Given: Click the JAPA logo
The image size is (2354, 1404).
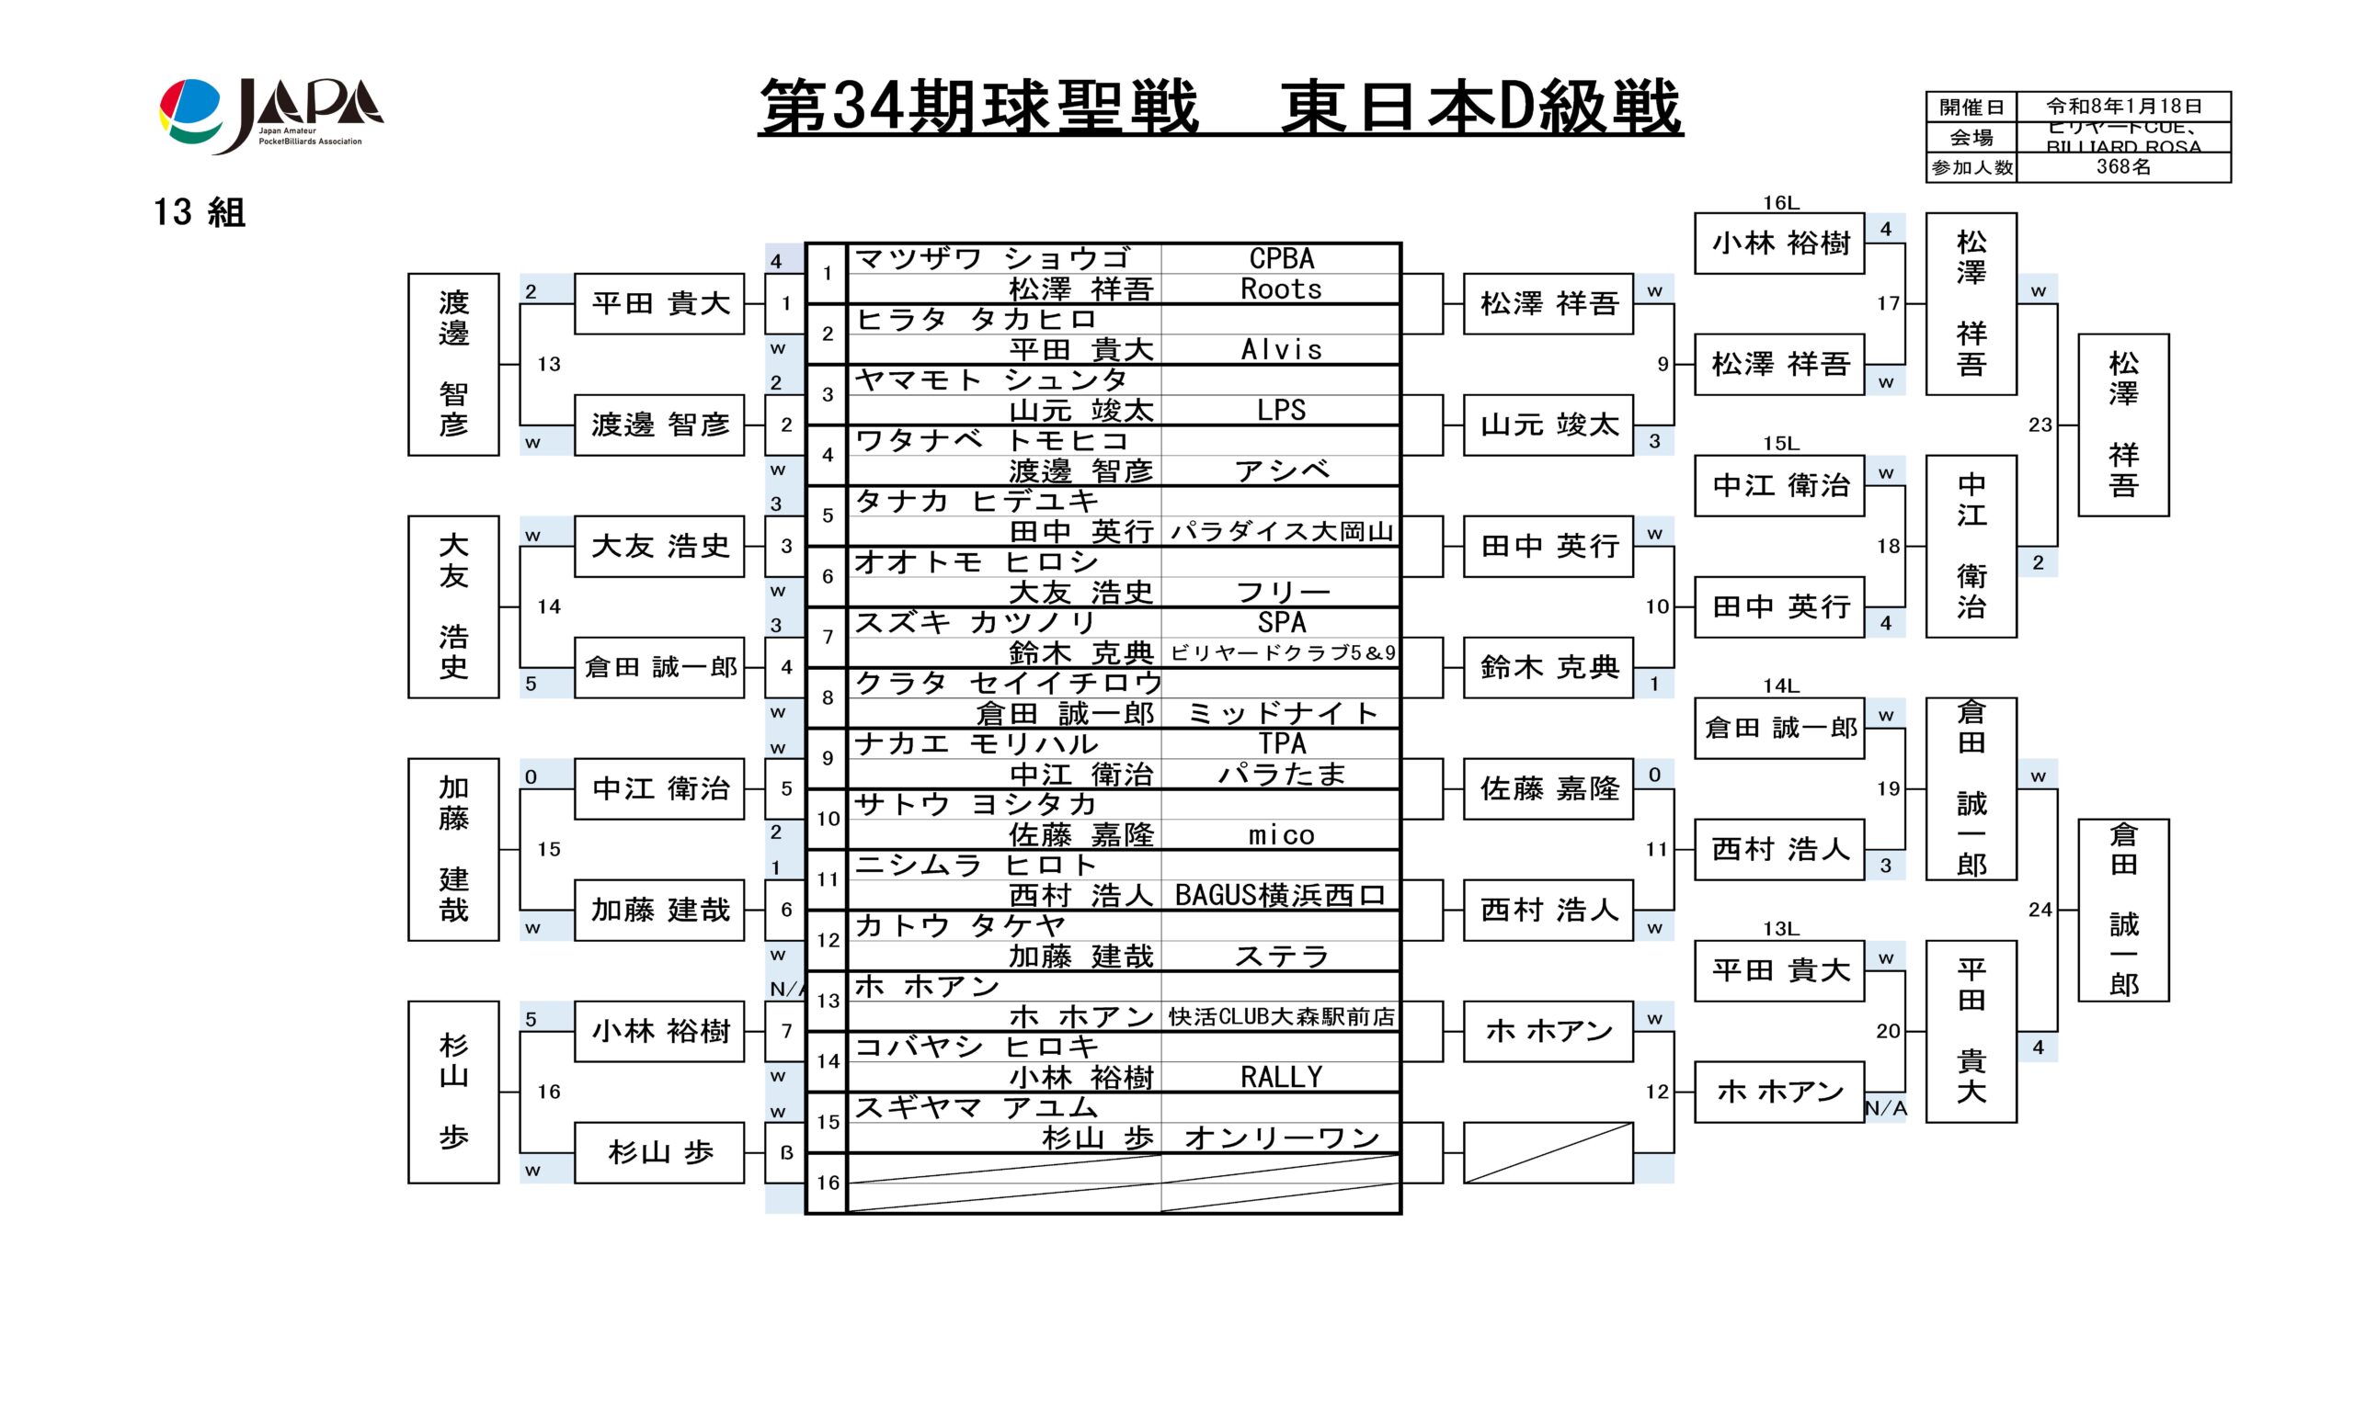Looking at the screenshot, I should tap(270, 115).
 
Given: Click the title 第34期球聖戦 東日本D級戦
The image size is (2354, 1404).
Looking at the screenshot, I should tap(1219, 107).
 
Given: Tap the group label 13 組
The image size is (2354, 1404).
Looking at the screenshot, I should tap(199, 212).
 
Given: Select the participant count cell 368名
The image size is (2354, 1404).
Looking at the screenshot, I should tap(2122, 167).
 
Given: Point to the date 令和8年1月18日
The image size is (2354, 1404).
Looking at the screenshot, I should tap(2122, 106).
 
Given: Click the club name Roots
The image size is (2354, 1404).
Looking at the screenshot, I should tap(1281, 289).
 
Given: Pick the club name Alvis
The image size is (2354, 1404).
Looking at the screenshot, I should tap(1281, 350).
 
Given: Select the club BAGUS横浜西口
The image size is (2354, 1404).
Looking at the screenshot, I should tap(1281, 895).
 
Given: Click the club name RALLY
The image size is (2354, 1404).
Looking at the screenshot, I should tap(1281, 1077).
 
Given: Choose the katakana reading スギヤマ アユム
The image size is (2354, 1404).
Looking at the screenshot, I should tap(976, 1107).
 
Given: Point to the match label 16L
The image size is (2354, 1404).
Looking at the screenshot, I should tap(1779, 202).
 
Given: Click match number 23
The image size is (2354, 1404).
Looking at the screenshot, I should tap(2040, 425).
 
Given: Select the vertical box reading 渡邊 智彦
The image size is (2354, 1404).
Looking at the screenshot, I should tap(453, 364).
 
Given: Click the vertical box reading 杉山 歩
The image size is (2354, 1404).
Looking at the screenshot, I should tap(453, 1092).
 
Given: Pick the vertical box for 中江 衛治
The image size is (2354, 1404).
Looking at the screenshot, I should tap(1971, 546).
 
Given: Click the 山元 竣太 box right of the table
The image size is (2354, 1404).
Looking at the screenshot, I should tap(1548, 425).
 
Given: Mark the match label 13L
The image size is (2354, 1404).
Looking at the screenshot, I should tap(1779, 929).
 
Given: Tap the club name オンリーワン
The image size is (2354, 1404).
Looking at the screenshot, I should tap(1281, 1138).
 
